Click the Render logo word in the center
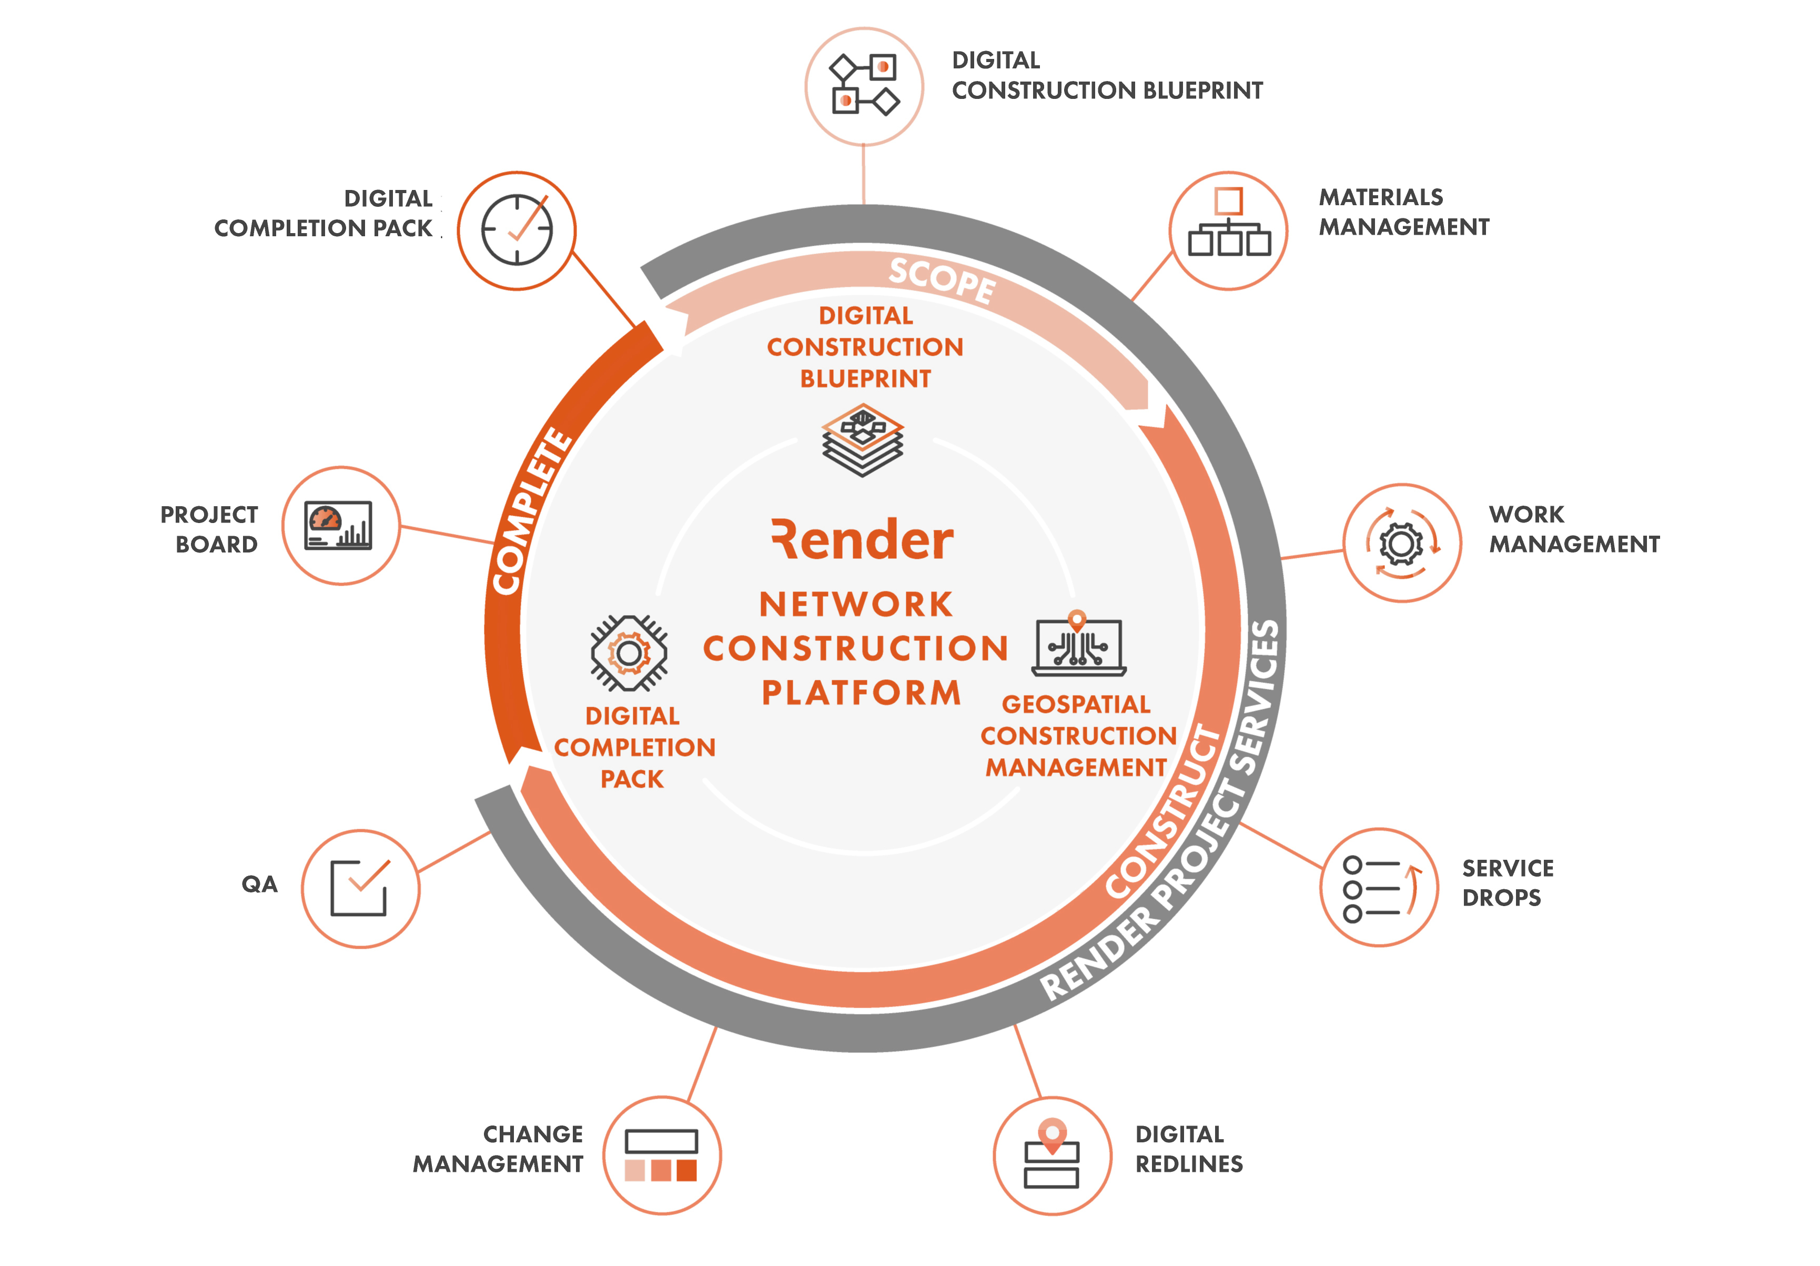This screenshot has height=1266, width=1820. tap(863, 540)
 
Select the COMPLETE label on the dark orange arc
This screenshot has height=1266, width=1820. tap(531, 511)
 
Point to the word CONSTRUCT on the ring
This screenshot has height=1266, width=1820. tap(1164, 812)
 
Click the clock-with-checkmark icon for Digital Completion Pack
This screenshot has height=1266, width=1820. tap(517, 230)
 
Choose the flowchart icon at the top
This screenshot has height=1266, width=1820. tap(864, 85)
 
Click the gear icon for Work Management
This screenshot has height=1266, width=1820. tap(1401, 543)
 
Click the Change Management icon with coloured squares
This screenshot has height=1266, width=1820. tap(661, 1155)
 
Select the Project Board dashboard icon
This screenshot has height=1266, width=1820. tap(338, 526)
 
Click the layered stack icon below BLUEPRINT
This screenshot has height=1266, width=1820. tap(863, 440)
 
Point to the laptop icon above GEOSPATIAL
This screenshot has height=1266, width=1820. tap(1079, 643)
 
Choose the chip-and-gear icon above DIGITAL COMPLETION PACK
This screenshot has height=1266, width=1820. tap(630, 653)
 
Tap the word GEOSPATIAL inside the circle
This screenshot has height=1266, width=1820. tap(1076, 704)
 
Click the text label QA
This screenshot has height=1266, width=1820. tap(259, 885)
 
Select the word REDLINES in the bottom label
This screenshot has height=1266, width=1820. tap(1189, 1164)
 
